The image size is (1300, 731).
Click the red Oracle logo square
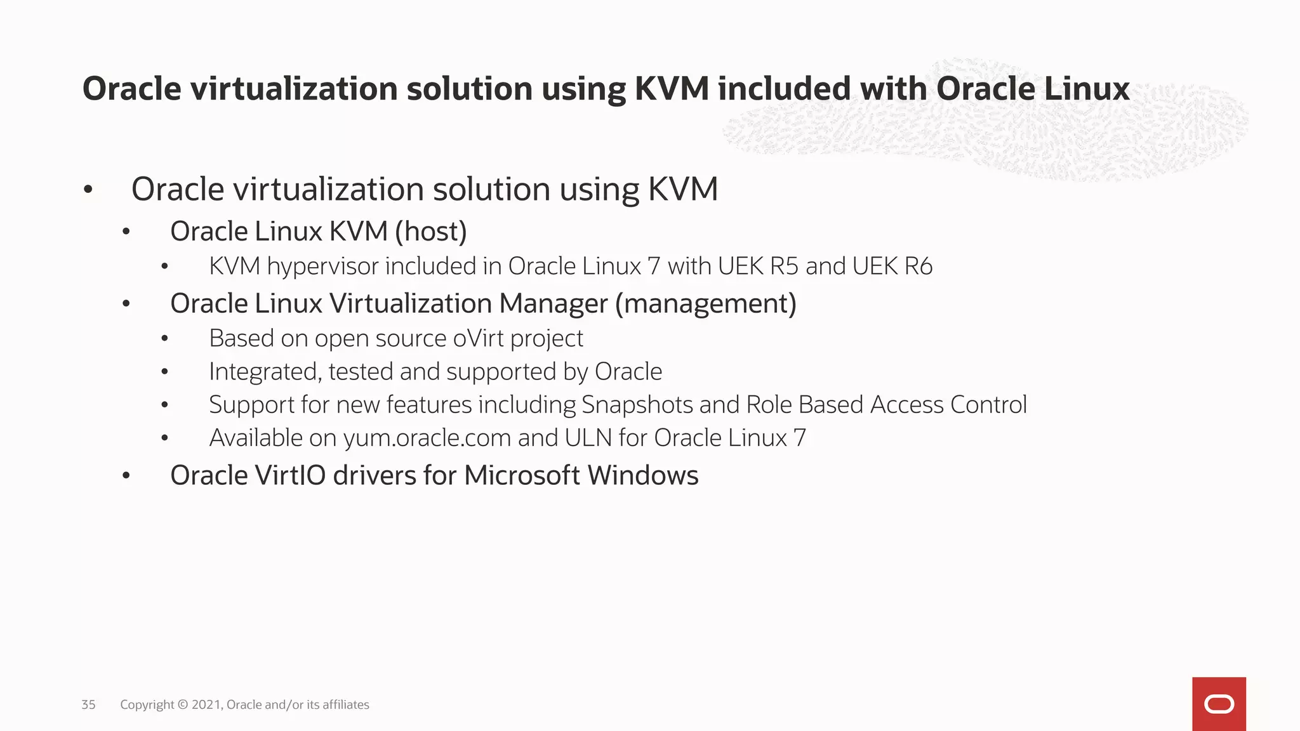coord(1219,704)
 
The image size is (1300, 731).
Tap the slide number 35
coord(88,704)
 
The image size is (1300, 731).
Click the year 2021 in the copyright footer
coord(206,704)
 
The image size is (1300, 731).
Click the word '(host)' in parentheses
coord(431,232)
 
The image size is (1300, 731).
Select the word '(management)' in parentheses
coord(705,304)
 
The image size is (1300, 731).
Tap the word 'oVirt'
coord(478,338)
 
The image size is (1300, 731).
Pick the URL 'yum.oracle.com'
coord(427,438)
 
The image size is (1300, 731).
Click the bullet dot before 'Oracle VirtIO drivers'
coord(126,475)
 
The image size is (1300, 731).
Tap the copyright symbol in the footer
coord(183,704)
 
